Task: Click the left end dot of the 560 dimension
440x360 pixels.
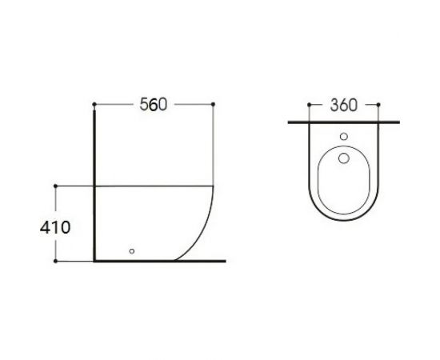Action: point(94,104)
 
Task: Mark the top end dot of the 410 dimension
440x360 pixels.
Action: point(55,186)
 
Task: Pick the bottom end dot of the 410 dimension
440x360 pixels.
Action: point(55,261)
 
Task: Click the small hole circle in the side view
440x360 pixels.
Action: point(132,250)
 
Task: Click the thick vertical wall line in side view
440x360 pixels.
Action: point(95,184)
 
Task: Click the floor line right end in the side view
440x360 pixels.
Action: point(226,261)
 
